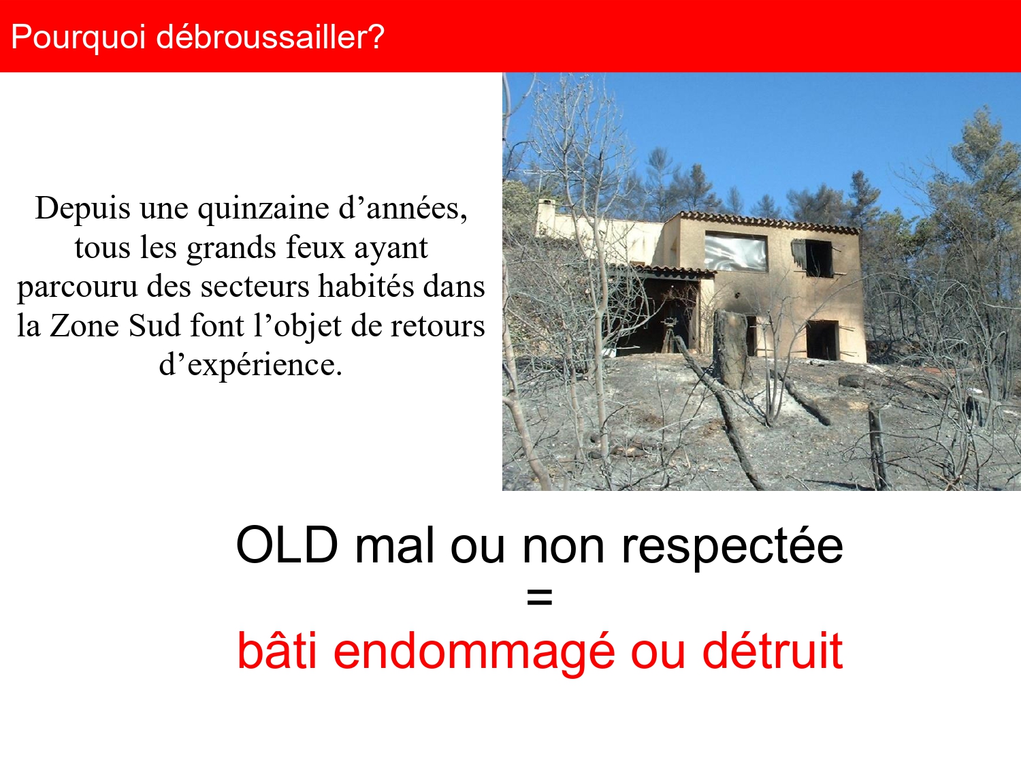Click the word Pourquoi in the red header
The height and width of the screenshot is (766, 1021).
(78, 37)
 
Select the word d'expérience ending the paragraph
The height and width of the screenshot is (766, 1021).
(250, 365)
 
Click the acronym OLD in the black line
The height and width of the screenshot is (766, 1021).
(287, 545)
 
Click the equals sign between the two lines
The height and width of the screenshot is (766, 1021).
(539, 598)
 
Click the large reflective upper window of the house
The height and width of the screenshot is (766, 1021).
(736, 251)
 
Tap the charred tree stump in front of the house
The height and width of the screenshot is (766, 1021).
(732, 349)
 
